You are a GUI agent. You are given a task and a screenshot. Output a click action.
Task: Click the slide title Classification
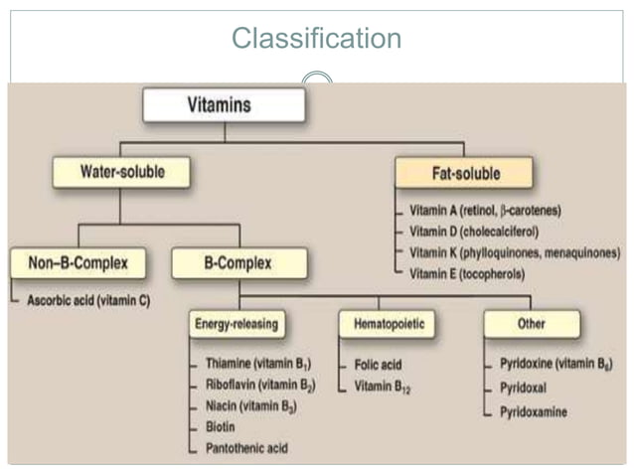316,39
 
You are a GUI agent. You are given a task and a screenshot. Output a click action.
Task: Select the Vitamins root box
223,104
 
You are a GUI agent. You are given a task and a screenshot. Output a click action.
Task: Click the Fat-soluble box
464,174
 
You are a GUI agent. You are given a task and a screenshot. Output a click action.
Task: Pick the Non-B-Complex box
78,263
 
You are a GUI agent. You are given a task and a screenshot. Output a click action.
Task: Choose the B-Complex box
238,263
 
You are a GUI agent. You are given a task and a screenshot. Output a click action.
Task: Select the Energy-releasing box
237,324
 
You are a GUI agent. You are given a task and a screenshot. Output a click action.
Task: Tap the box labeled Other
531,324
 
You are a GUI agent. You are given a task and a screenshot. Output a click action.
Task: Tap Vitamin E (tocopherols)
473,271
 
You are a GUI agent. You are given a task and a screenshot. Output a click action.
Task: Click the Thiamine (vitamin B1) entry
257,364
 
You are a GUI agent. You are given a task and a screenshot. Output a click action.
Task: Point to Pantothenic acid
246,448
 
